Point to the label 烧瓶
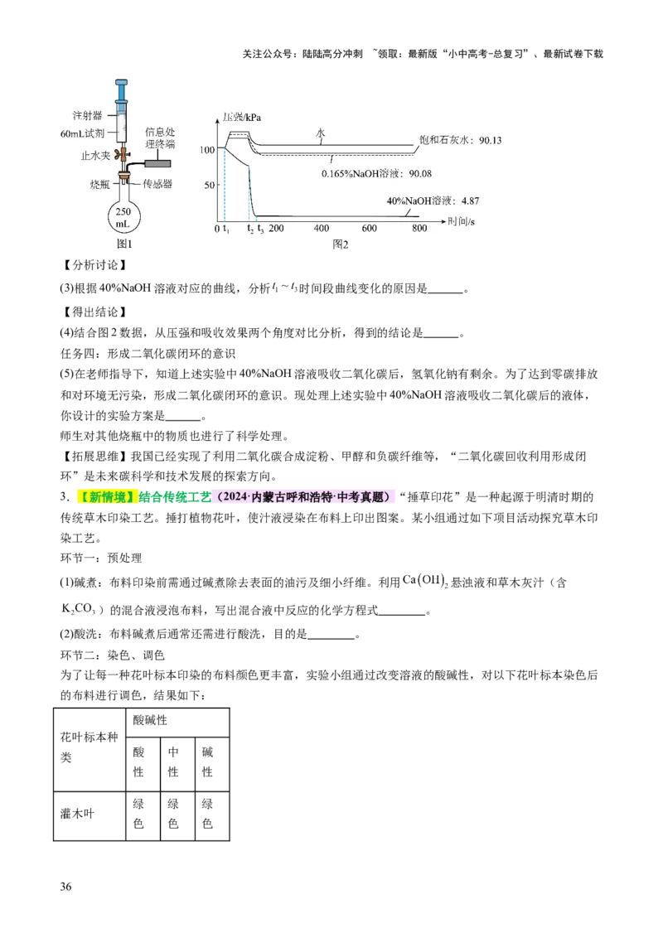(99, 183)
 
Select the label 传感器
(157, 183)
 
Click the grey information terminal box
(161, 165)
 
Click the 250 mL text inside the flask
(123, 218)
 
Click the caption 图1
(123, 244)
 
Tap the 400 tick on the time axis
(322, 228)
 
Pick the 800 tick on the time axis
(419, 228)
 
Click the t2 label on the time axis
(250, 229)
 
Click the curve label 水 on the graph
(320, 133)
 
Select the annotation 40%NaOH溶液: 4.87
(433, 201)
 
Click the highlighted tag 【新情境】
(106, 496)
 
